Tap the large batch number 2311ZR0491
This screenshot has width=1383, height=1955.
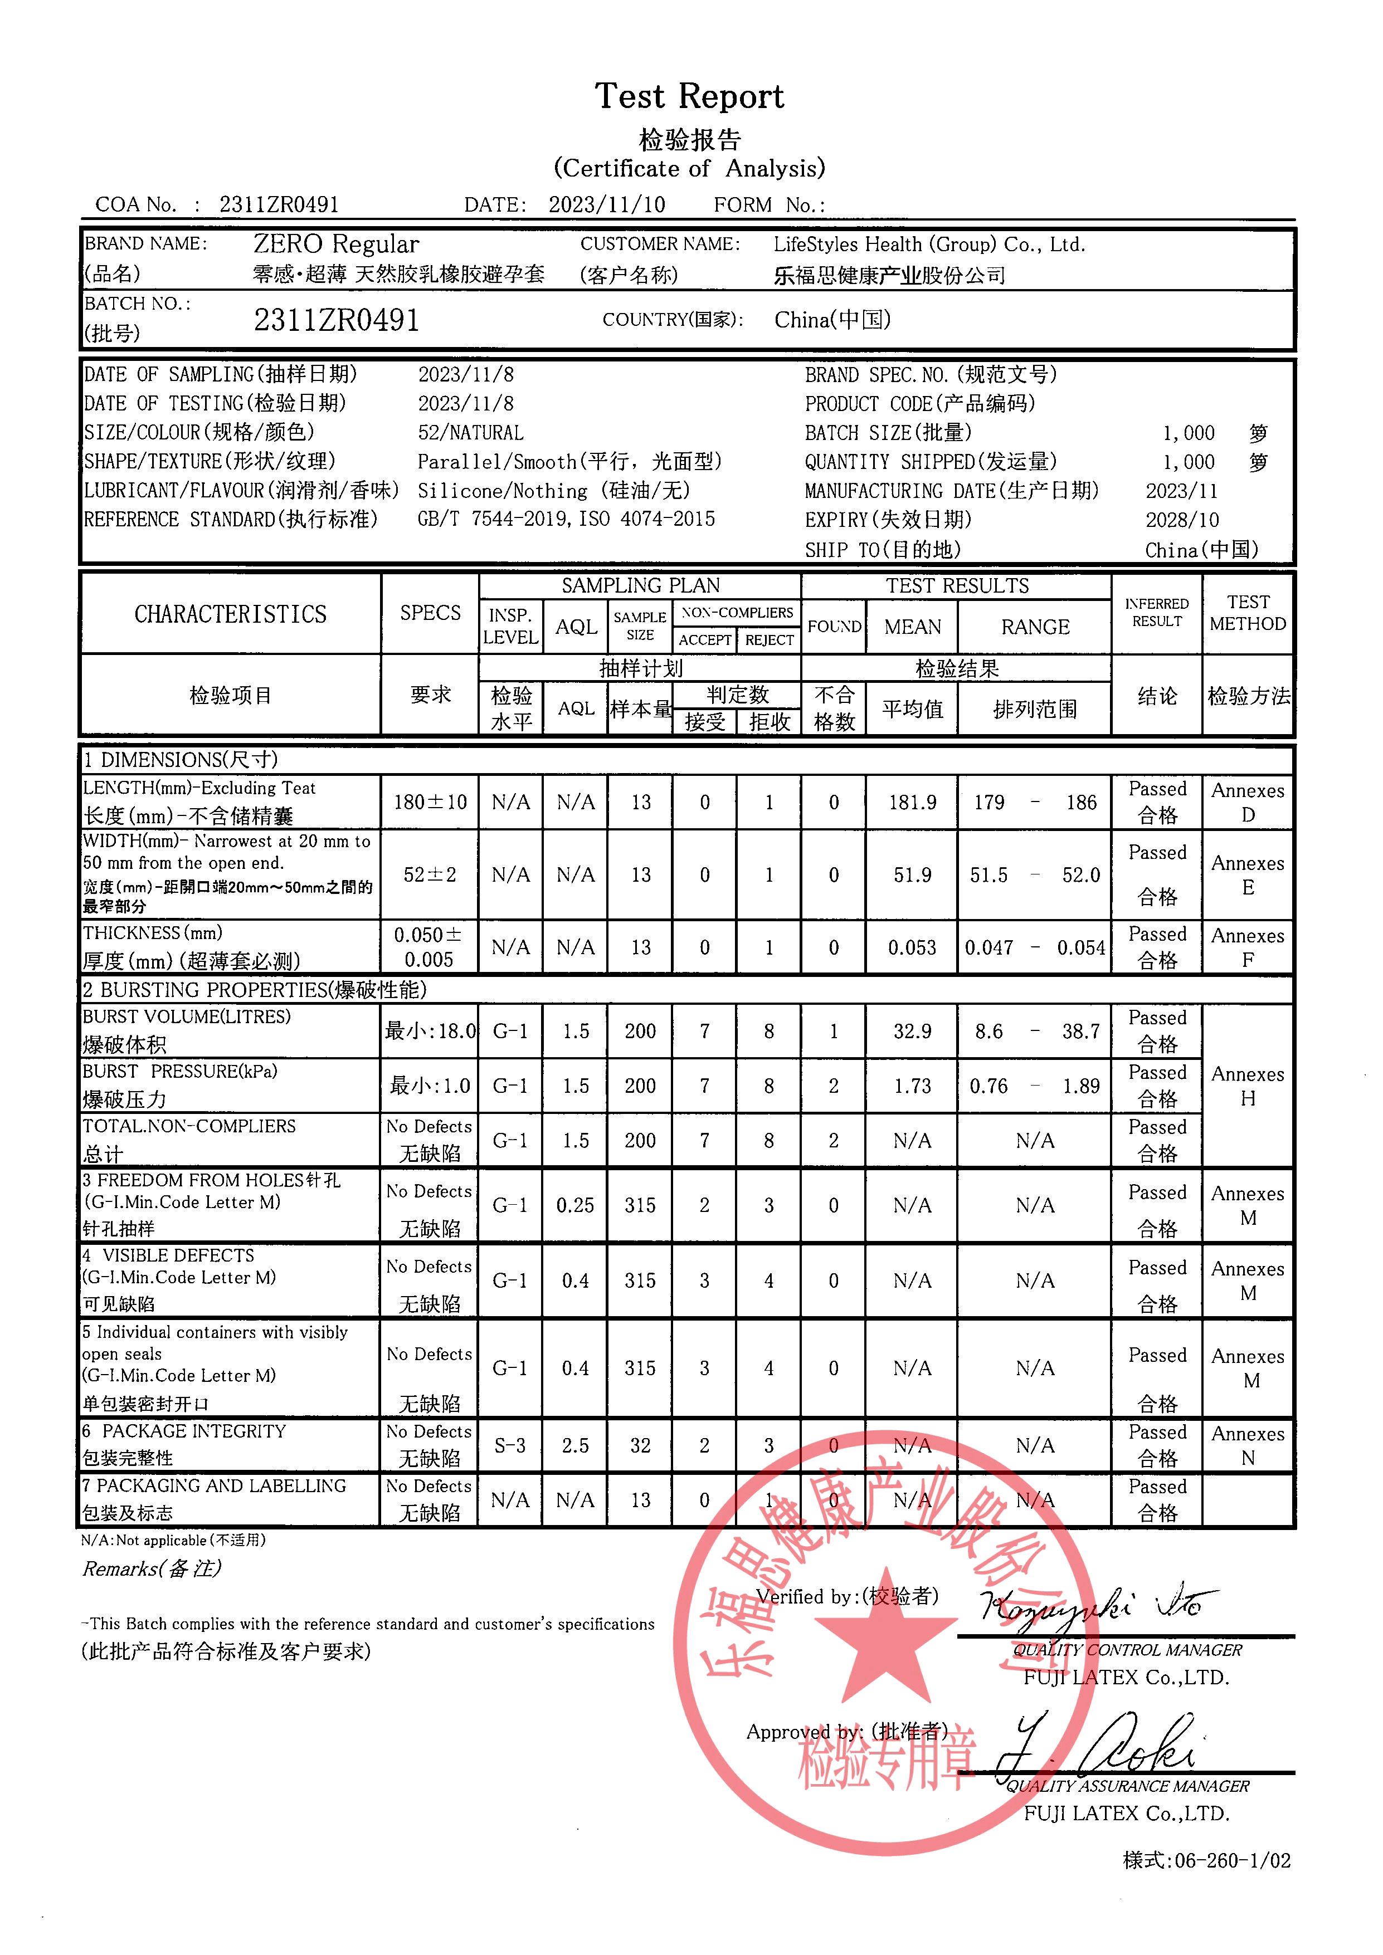tap(337, 320)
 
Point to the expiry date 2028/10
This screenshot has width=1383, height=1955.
tap(1181, 520)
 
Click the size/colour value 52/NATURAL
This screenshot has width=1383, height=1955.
tap(470, 433)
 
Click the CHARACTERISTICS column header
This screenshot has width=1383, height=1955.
tap(230, 614)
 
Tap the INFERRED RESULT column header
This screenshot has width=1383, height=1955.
tap(1156, 612)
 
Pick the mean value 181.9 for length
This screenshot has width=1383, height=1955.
tap(912, 802)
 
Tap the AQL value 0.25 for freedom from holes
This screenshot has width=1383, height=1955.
tap(575, 1205)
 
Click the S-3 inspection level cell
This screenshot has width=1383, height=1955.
tap(509, 1445)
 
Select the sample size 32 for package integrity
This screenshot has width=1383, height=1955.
tap(640, 1445)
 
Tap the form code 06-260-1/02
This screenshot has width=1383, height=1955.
tap(1231, 1860)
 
